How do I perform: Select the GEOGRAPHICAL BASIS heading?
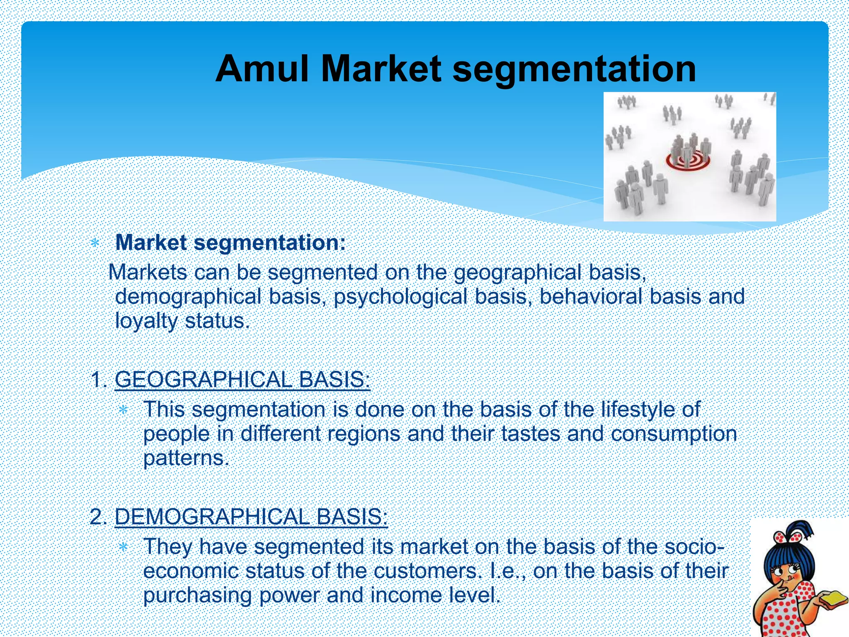tap(242, 379)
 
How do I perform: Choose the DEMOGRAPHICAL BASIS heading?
tap(251, 517)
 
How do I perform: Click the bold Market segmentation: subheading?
tap(230, 243)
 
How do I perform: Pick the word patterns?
tap(186, 458)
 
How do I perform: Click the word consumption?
tap(674, 434)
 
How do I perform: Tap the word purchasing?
tap(197, 596)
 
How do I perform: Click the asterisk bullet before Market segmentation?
tap(95, 243)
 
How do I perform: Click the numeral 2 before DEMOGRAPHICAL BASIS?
tap(96, 517)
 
